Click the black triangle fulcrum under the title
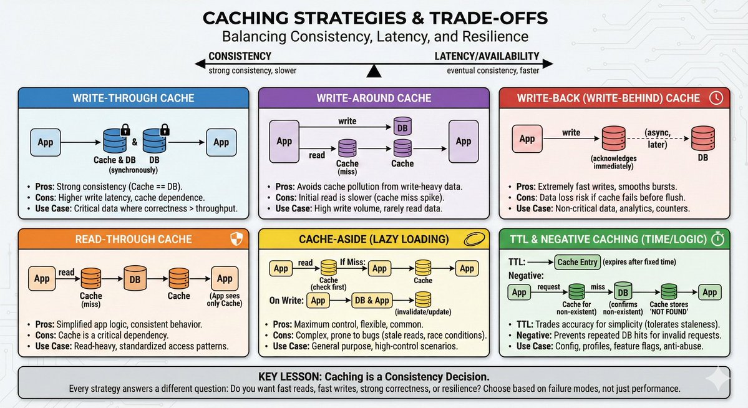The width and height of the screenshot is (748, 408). click(x=374, y=72)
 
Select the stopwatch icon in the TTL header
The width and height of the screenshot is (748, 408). click(x=717, y=240)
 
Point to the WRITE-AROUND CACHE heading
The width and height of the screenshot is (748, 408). click(x=373, y=99)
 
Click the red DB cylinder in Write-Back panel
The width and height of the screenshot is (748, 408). click(x=702, y=138)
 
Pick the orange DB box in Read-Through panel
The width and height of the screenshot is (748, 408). click(x=135, y=279)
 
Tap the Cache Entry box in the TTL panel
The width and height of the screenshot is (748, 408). click(x=577, y=262)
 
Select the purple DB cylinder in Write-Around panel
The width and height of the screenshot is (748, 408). click(x=402, y=127)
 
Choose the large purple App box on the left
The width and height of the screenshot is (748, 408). click(x=284, y=142)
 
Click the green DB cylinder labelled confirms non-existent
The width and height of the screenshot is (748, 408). click(x=623, y=291)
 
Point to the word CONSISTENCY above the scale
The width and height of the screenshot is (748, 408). click(x=240, y=56)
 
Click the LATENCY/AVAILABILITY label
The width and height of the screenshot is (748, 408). click(x=487, y=56)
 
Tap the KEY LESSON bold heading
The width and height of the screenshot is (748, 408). click(x=374, y=377)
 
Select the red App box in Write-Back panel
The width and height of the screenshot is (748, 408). click(x=527, y=138)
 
